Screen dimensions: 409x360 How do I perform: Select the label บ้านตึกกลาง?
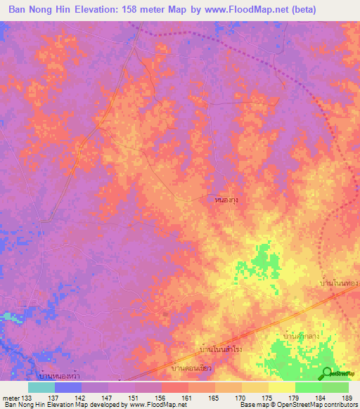click(x=302, y=337)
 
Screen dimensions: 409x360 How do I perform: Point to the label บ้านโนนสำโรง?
click(x=220, y=349)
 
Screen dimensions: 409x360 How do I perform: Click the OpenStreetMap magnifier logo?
click(x=327, y=374)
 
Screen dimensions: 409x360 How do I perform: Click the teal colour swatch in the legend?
click(x=41, y=387)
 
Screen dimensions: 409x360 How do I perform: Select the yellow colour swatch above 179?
click(x=281, y=387)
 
